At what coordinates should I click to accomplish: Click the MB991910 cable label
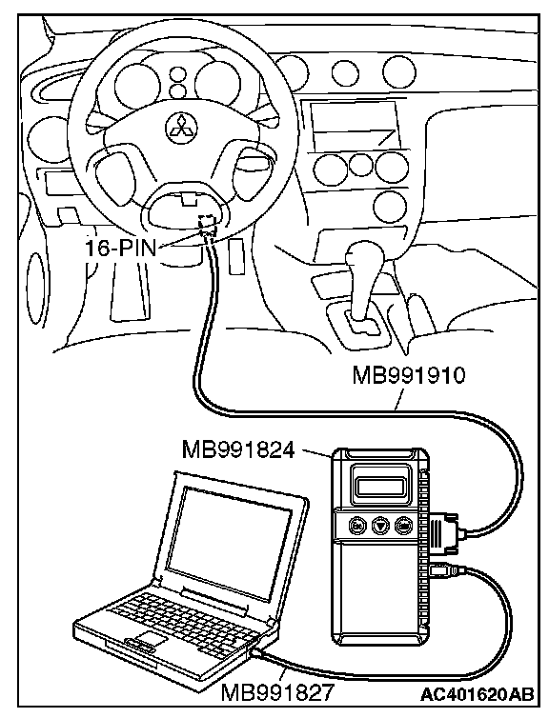tap(408, 375)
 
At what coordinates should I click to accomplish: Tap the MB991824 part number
tap(238, 449)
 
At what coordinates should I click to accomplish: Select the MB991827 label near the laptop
tap(276, 692)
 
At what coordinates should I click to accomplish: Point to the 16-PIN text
tap(120, 249)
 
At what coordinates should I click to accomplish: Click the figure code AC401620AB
tap(477, 694)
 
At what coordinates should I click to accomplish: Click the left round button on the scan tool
tap(357, 526)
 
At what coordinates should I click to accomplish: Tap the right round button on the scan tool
tap(403, 526)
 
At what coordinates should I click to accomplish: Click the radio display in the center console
tap(352, 124)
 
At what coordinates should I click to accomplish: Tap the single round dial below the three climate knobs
tap(390, 205)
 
